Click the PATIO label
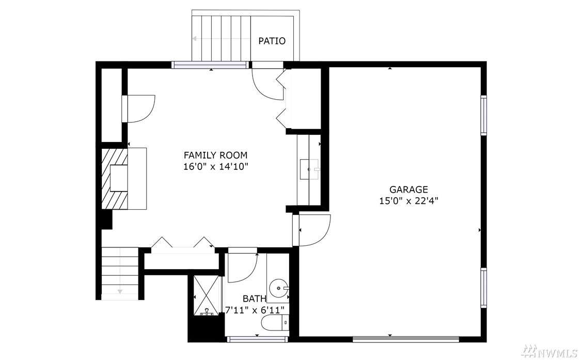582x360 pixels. (272, 41)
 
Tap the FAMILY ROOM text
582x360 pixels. (216, 155)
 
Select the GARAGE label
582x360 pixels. (408, 189)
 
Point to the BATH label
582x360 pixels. (255, 299)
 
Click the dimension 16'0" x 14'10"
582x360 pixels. (216, 166)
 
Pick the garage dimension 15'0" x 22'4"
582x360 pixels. (408, 201)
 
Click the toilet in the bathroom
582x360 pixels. (275, 323)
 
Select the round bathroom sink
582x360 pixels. (279, 288)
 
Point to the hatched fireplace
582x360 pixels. (115, 178)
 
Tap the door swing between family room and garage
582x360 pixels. (313, 230)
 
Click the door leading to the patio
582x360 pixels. (268, 84)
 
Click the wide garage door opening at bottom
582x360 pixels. (406, 338)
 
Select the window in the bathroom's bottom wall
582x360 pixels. (257, 338)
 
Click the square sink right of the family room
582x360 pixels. (309, 169)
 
